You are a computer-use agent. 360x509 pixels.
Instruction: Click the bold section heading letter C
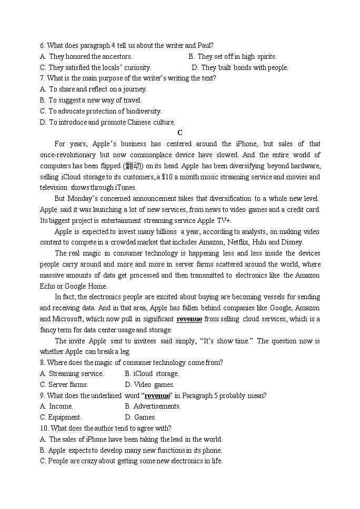[x=180, y=133]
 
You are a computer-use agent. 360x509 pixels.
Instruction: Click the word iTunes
[x=125, y=188]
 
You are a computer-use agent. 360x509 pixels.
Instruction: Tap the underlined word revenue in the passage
[x=189, y=319]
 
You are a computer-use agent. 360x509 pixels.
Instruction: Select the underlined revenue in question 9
[x=157, y=395]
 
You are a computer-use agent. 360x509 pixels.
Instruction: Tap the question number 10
[x=44, y=429]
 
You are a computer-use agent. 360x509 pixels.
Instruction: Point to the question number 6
[x=42, y=46]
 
